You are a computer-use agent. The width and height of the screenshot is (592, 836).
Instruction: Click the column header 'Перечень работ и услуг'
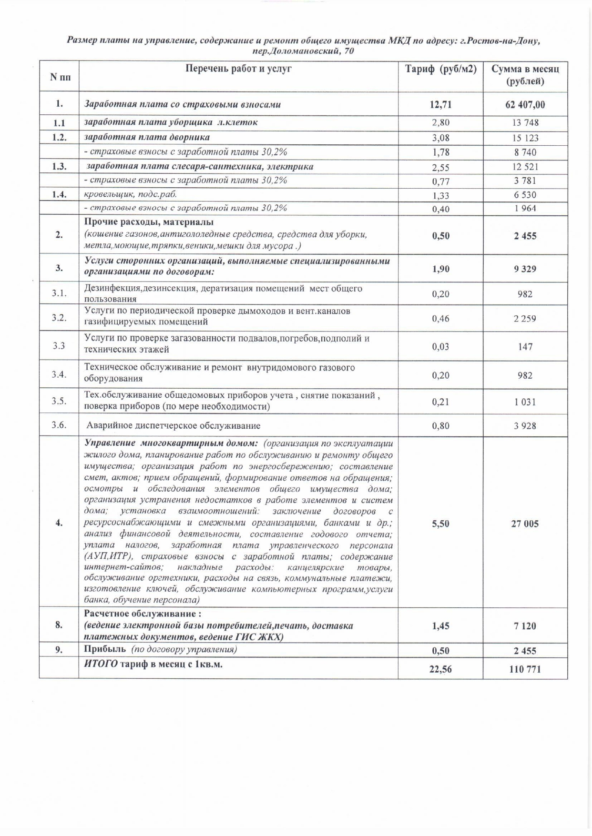pyautogui.click(x=238, y=69)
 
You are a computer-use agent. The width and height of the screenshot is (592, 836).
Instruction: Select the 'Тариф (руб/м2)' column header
pyautogui.click(x=440, y=69)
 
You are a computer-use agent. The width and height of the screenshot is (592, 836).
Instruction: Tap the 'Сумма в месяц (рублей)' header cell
pyautogui.click(x=525, y=75)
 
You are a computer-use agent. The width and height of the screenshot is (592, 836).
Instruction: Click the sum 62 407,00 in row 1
pyautogui.click(x=525, y=105)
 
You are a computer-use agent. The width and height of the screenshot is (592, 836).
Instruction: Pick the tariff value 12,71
pyautogui.click(x=440, y=105)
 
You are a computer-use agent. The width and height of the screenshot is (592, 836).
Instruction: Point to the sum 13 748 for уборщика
pyautogui.click(x=525, y=123)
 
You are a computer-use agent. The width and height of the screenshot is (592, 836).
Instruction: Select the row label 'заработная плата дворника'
pyautogui.click(x=147, y=137)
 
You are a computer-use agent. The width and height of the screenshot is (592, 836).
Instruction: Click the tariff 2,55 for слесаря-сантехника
pyautogui.click(x=440, y=167)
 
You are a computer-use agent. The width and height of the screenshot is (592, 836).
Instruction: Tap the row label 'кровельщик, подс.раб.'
pyautogui.click(x=130, y=194)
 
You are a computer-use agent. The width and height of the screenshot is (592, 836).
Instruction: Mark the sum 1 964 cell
pyautogui.click(x=525, y=209)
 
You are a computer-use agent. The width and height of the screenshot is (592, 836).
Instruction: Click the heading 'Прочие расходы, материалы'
pyautogui.click(x=149, y=222)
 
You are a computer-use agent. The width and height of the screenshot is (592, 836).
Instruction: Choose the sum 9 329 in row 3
pyautogui.click(x=525, y=269)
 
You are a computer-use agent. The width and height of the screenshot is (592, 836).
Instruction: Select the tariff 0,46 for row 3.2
pyautogui.click(x=440, y=319)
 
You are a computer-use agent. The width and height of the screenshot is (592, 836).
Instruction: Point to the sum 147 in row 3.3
pyautogui.click(x=525, y=347)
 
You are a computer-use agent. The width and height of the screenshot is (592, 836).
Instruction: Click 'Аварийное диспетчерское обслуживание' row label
pyautogui.click(x=173, y=425)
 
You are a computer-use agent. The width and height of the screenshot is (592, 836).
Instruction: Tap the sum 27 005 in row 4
pyautogui.click(x=525, y=524)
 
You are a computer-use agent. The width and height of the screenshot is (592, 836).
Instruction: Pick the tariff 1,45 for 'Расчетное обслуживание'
pyautogui.click(x=440, y=626)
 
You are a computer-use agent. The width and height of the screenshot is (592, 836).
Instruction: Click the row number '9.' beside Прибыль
pyautogui.click(x=59, y=650)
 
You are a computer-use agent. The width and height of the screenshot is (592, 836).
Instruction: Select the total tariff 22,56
pyautogui.click(x=440, y=669)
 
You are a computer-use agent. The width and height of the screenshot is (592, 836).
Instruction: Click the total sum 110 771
pyautogui.click(x=525, y=669)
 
